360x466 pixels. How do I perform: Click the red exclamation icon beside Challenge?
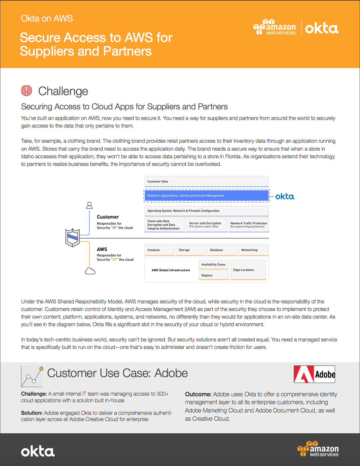tap(26, 91)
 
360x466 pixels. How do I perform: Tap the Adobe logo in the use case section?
tap(314, 374)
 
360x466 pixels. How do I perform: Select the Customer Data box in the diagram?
tap(206, 181)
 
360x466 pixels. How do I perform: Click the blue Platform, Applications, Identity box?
tap(206, 196)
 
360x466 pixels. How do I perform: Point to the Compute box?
tap(160, 250)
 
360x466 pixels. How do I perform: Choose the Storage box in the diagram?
tap(191, 250)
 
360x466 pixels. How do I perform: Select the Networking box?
tap(253, 250)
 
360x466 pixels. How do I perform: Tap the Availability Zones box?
tap(213, 264)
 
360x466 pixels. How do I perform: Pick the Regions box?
tap(213, 275)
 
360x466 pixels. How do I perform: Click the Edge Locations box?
tap(248, 270)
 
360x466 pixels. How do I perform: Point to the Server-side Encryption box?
tap(206, 225)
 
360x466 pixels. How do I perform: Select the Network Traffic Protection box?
tap(248, 225)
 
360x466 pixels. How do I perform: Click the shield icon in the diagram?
tap(73, 238)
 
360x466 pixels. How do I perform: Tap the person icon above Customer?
tap(89, 205)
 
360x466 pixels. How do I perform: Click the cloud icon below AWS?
tap(90, 271)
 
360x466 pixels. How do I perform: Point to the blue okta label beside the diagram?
tap(285, 197)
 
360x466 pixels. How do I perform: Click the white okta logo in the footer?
tap(38, 451)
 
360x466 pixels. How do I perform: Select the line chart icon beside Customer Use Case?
tap(32, 376)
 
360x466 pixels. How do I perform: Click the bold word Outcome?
tap(198, 394)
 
